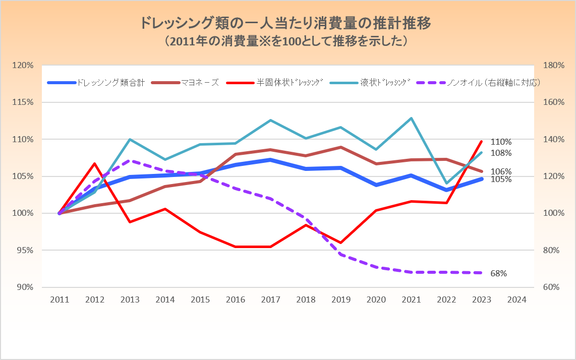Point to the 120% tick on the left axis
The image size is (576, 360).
point(23,66)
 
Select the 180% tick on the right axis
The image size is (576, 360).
point(553,66)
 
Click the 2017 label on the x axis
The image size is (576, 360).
point(271,299)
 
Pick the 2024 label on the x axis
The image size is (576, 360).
point(517,299)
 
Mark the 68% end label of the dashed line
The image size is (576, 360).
point(498,273)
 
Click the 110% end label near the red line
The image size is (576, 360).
point(501,142)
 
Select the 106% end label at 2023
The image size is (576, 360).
point(501,171)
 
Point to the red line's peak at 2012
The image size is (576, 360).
point(95,163)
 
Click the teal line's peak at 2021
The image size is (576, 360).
point(412,118)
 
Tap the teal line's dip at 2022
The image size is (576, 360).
point(446,183)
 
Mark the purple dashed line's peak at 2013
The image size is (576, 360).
point(130,161)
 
